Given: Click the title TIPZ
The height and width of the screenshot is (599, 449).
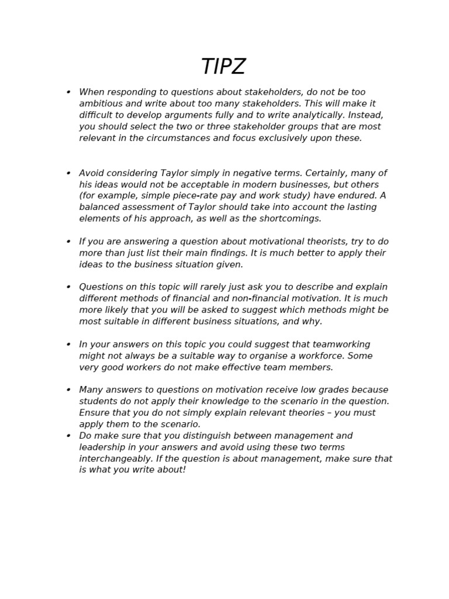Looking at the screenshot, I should [223, 67].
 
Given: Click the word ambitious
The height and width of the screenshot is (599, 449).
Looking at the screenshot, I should [101, 104].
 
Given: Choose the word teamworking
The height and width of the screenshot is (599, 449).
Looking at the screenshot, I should [341, 345].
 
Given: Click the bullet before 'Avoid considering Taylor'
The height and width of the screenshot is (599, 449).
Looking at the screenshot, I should [68, 173].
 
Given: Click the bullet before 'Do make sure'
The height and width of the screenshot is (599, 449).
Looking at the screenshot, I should [68, 436].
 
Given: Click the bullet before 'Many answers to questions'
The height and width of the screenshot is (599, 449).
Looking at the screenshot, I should [68, 390].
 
